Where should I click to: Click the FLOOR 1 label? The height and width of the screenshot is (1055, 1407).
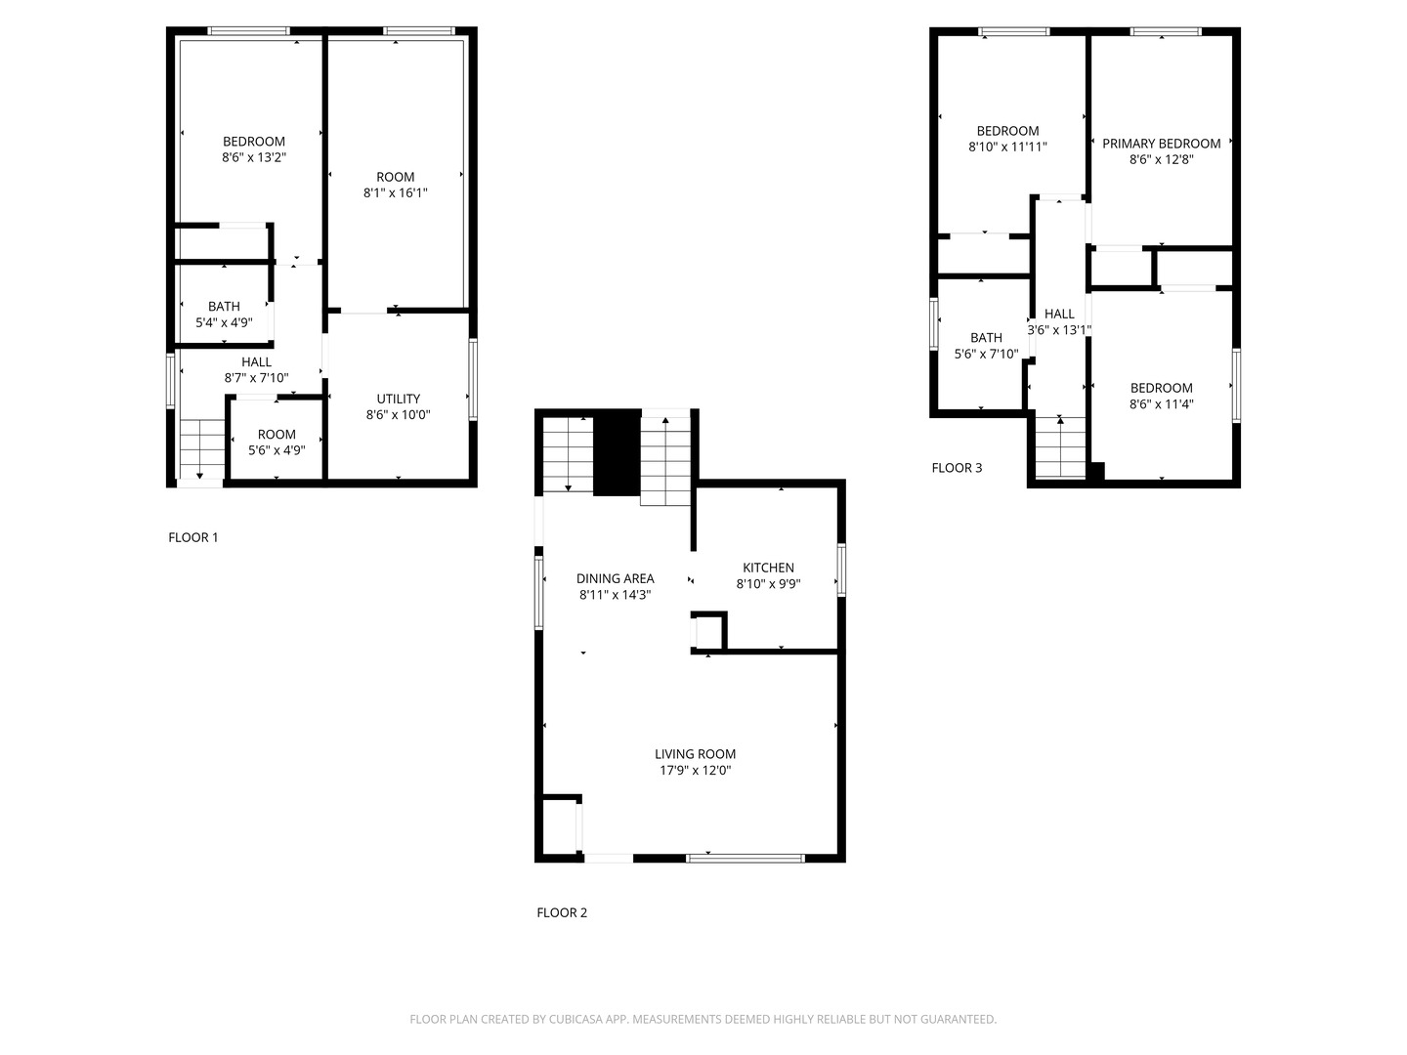tap(193, 537)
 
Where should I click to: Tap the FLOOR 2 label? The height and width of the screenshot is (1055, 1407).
tap(562, 912)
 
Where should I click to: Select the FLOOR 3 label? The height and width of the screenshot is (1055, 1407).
tap(957, 468)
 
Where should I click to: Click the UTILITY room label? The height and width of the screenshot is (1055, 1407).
tap(399, 399)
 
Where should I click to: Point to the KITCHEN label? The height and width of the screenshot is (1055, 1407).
tap(768, 568)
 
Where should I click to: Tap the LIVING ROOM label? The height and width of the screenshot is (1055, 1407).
tap(695, 754)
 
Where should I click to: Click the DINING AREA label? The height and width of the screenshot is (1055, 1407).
tap(615, 578)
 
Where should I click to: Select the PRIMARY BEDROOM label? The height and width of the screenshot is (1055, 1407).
tap(1161, 144)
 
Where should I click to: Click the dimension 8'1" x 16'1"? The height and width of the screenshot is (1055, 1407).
tap(396, 193)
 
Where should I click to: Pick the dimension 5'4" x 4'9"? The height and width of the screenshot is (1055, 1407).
tap(224, 322)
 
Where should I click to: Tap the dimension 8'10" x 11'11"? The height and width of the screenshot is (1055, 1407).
tap(1007, 148)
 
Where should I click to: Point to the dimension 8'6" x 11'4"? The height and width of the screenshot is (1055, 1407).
tap(1161, 404)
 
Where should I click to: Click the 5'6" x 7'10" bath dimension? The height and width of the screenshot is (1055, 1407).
tap(986, 354)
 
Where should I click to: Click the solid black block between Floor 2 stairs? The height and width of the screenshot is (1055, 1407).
tap(617, 453)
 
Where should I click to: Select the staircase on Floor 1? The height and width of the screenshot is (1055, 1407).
tap(202, 448)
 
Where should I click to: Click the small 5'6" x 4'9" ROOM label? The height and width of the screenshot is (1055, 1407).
tap(277, 435)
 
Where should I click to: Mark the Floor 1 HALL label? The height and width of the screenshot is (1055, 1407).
tap(256, 362)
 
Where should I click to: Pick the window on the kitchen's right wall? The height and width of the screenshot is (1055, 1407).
tap(840, 570)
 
